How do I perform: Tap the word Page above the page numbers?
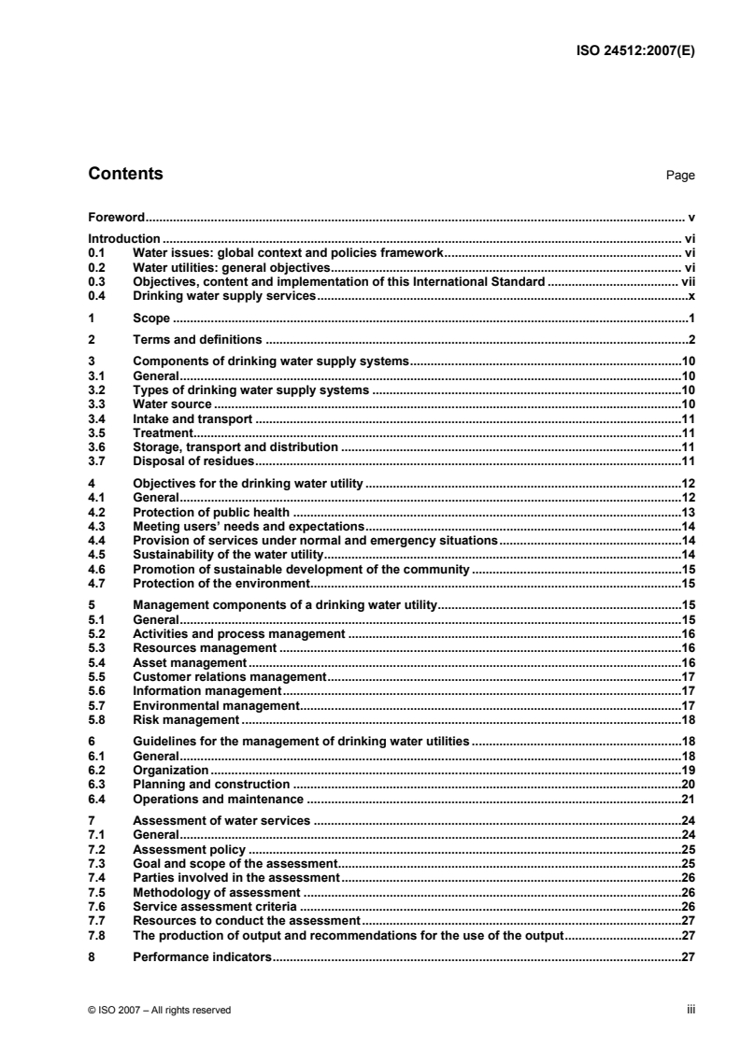tap(681, 176)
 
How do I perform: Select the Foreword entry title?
tap(115, 216)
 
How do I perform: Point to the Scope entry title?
tap(151, 319)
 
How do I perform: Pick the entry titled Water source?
tap(173, 404)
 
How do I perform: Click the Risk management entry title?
tap(186, 719)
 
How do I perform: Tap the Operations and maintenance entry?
tap(219, 799)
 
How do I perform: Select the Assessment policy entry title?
tap(190, 849)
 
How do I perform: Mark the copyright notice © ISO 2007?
tap(159, 1010)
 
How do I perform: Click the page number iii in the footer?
tap(691, 1010)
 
